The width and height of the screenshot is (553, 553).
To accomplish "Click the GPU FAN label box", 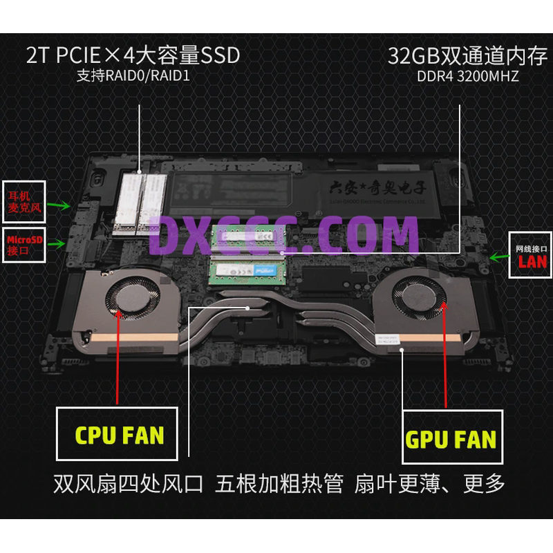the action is (450, 438).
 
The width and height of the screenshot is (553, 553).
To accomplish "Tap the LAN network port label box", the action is (531, 254).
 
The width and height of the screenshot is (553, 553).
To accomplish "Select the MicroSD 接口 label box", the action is (24, 245).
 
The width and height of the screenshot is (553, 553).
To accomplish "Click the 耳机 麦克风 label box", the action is (24, 198).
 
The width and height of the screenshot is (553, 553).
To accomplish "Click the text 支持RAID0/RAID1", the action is (133, 75).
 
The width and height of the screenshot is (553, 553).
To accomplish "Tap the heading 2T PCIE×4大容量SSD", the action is (133, 55).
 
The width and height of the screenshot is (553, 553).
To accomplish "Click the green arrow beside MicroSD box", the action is (59, 243).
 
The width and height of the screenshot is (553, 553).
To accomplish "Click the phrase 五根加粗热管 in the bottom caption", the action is (279, 483).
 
